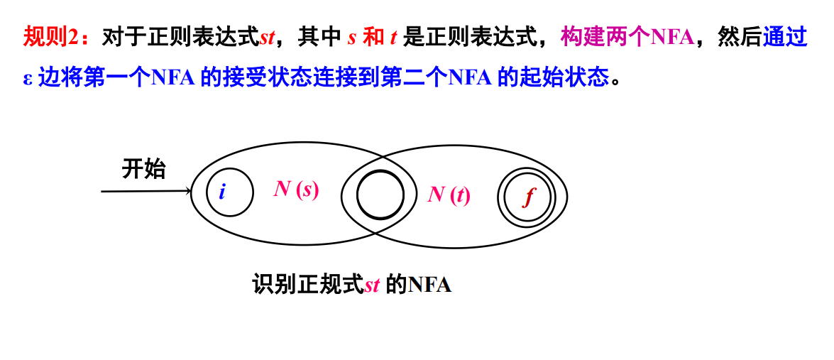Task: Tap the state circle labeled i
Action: (x=229, y=192)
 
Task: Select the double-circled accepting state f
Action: (x=526, y=197)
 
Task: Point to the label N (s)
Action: (x=296, y=190)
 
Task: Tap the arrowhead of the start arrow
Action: (x=187, y=191)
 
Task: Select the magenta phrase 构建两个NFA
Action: (x=627, y=38)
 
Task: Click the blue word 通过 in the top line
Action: (x=785, y=38)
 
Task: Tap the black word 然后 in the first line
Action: (x=740, y=38)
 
